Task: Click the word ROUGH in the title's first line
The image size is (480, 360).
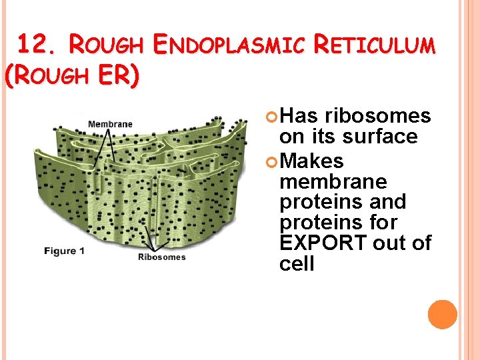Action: tap(106, 45)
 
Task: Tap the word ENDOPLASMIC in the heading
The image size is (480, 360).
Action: tap(228, 45)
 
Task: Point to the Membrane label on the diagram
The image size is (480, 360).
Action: tap(110, 123)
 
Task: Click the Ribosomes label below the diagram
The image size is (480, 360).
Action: tap(161, 257)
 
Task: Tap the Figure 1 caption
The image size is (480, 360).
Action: tap(64, 251)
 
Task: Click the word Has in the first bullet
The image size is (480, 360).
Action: tap(299, 116)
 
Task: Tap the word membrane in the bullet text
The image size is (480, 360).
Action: tap(333, 181)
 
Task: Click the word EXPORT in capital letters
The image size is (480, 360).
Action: tap(323, 243)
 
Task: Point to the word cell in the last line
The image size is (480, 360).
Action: tap(297, 263)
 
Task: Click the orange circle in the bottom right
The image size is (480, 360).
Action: tap(442, 315)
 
